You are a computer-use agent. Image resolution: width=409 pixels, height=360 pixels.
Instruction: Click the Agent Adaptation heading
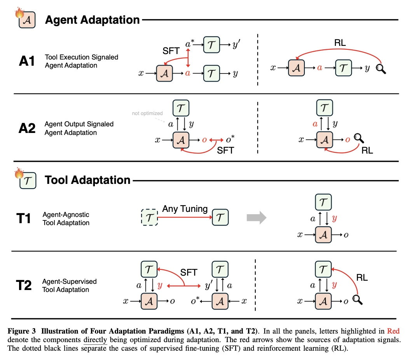92,20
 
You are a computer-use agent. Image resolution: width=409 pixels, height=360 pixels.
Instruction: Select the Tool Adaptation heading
87,180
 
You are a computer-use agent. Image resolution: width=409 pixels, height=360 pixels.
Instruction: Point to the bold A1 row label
28,61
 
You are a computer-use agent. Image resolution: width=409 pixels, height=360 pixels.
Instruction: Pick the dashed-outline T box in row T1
149,217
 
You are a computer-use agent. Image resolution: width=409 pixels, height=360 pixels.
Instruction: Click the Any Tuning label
185,209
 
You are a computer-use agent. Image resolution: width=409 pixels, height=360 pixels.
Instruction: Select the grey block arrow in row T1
257,217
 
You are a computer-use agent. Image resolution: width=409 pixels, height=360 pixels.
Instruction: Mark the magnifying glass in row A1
381,69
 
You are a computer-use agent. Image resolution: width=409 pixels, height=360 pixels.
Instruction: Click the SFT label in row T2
189,273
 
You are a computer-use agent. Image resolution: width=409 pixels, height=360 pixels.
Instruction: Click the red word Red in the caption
393,331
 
